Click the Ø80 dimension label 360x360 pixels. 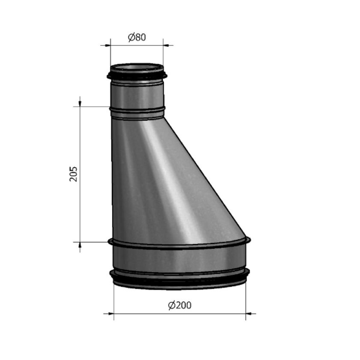pos(137,37)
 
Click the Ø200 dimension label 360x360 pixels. pos(180,306)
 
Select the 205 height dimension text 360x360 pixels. pos(74,174)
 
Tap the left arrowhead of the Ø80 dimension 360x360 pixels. pos(107,45)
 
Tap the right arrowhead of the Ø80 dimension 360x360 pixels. pos(166,45)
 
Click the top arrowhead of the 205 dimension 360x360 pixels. pos(80,103)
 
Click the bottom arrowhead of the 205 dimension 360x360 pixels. pos(80,245)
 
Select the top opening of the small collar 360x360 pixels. pos(137,67)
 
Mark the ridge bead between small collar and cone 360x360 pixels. pos(137,112)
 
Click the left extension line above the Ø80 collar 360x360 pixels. pos(110,54)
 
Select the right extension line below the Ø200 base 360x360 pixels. pos(246,300)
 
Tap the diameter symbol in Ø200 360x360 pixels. pos(171,306)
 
